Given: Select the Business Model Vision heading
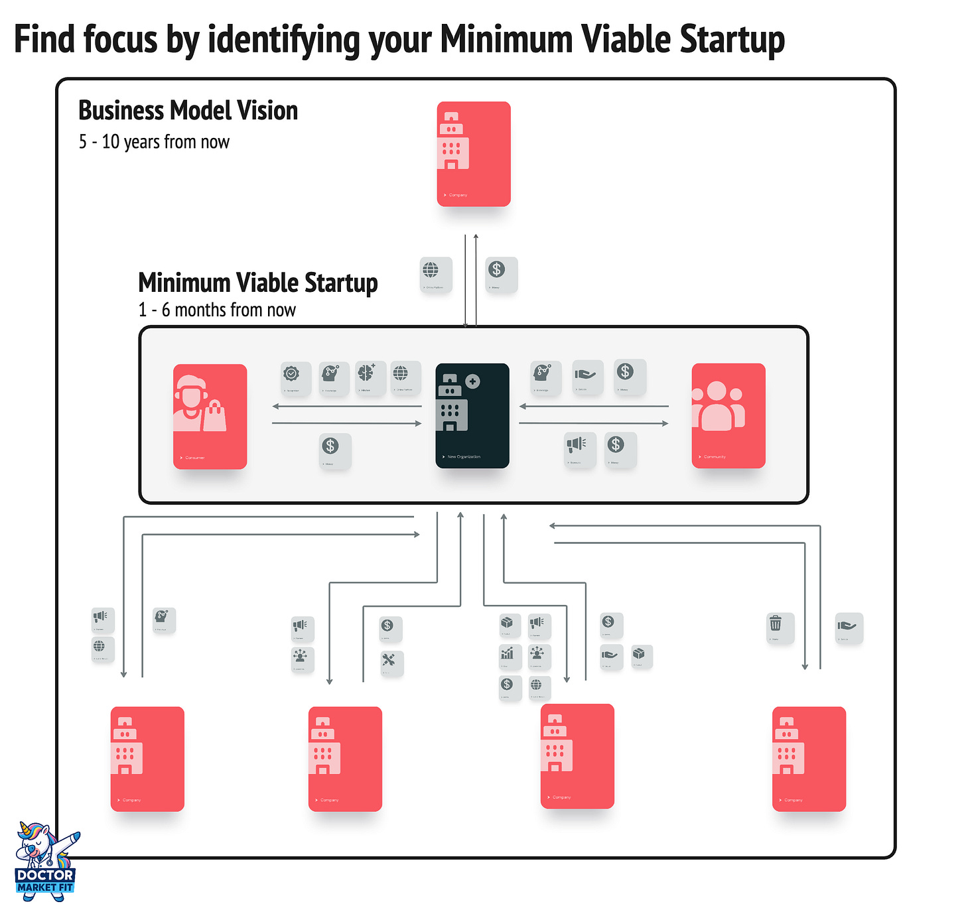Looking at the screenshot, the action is (x=188, y=111).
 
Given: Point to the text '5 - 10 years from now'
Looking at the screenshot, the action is (x=154, y=142).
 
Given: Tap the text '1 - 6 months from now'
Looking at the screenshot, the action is (x=217, y=310).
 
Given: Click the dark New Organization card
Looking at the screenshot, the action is (x=472, y=416).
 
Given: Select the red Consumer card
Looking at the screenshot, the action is (x=210, y=417).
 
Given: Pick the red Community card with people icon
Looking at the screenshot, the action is (x=728, y=416).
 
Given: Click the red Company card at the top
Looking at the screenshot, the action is (x=474, y=154).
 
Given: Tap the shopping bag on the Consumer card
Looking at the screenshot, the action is (x=214, y=417).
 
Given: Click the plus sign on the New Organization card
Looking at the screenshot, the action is (x=472, y=381).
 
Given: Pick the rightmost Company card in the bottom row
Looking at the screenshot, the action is (x=809, y=759).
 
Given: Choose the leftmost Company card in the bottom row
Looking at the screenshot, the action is (x=147, y=759).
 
